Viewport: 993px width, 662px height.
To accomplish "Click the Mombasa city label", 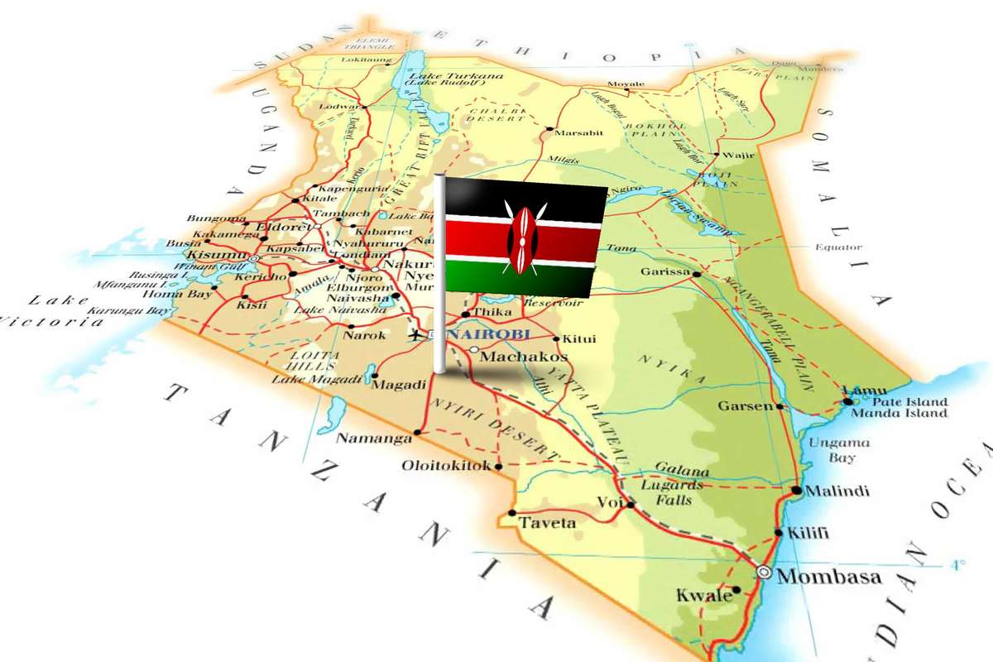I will click(829, 577).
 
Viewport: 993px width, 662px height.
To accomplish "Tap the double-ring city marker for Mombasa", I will click(764, 573).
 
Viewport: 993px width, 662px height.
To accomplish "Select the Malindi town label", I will click(837, 491).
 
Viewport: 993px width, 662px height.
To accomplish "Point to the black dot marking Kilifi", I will click(778, 533).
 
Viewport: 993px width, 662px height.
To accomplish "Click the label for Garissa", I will click(664, 271).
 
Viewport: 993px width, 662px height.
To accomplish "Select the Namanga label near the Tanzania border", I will click(373, 438).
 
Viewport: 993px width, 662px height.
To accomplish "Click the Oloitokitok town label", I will click(446, 465).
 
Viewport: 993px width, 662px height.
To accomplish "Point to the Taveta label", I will click(546, 523).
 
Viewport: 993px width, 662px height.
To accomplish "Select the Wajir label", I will click(738, 155).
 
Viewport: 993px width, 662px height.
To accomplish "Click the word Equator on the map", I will click(838, 247).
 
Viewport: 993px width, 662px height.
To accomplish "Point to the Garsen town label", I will click(745, 406).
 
